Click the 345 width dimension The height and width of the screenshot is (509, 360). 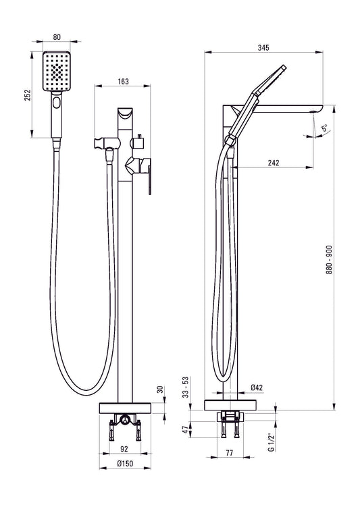(263, 47)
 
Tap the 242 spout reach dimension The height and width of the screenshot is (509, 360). (274, 163)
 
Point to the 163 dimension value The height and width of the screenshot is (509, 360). (123, 82)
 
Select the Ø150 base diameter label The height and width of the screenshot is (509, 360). (123, 464)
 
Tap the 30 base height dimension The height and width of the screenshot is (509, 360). (160, 390)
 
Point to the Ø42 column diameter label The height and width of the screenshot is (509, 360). (257, 387)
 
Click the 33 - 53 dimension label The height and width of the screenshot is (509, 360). (186, 387)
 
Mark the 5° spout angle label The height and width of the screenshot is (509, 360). (325, 126)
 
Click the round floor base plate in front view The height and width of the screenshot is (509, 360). (124, 408)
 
